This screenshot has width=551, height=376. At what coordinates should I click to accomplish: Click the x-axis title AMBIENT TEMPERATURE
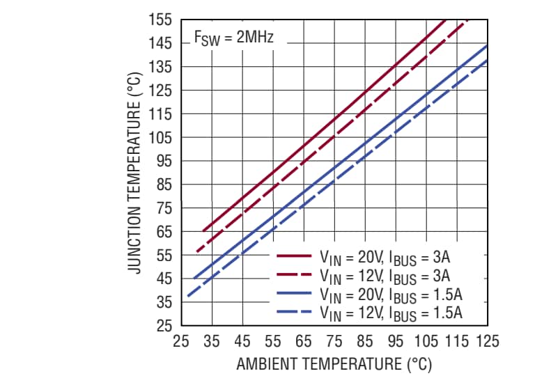click(334, 364)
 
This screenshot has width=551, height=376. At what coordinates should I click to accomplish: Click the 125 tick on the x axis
click(487, 341)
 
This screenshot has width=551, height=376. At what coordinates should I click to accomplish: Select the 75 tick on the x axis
click(334, 341)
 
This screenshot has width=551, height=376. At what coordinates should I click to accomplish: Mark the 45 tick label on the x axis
click(242, 341)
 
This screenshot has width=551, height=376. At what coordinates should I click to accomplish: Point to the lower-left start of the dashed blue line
click(187, 297)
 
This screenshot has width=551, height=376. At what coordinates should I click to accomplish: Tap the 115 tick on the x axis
click(456, 341)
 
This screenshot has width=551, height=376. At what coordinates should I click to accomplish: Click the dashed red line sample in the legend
click(293, 275)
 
